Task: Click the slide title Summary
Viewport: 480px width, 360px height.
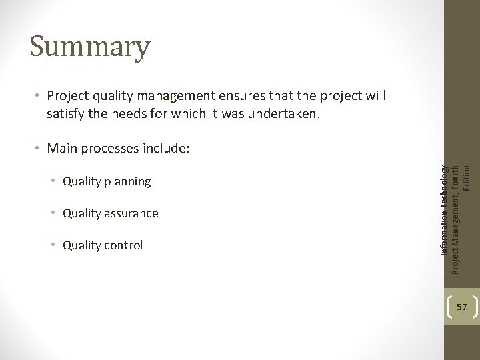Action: point(90,47)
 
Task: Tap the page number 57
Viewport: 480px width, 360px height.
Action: point(461,307)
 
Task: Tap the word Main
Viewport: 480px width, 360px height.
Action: point(61,148)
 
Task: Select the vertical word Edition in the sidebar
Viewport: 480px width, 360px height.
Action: point(467,175)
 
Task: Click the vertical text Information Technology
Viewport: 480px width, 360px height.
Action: point(444,210)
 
